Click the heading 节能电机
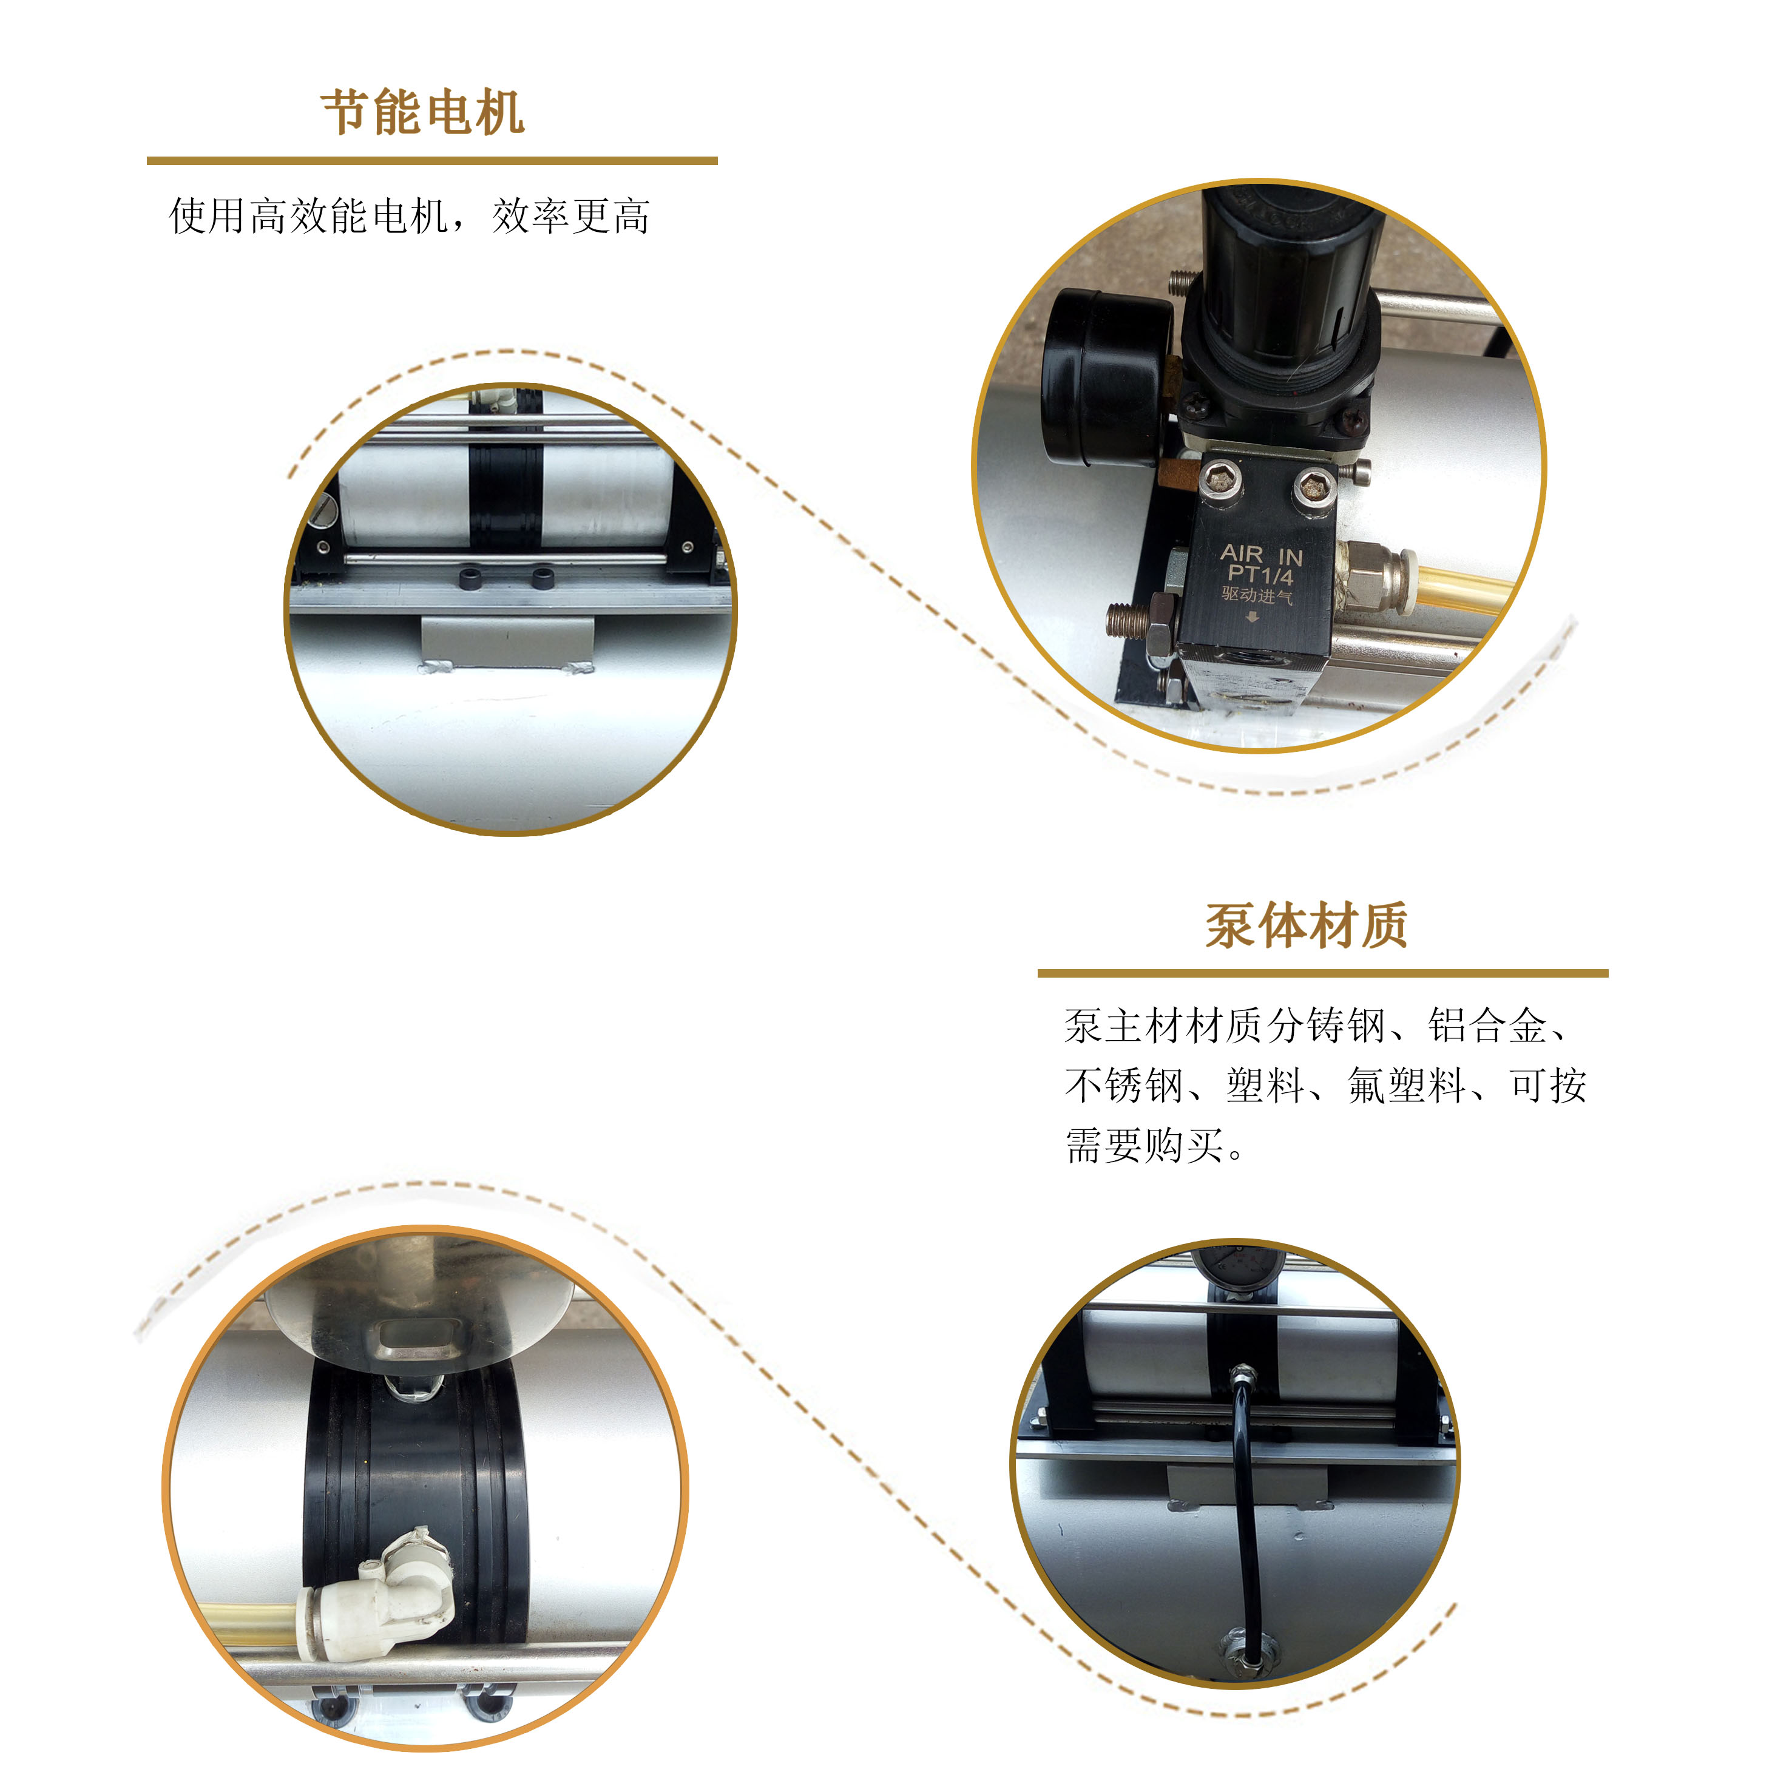pyautogui.click(x=423, y=113)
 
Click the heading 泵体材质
pyautogui.click(x=1307, y=925)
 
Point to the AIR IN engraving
pyautogui.click(x=1262, y=555)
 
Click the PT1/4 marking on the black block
pyautogui.click(x=1260, y=575)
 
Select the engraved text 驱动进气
pyautogui.click(x=1257, y=595)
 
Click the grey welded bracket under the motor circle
pyautogui.click(x=507, y=642)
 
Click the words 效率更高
pyautogui.click(x=570, y=216)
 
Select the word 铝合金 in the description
pyautogui.click(x=1487, y=1026)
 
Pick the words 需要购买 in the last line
pyautogui.click(x=1144, y=1146)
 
